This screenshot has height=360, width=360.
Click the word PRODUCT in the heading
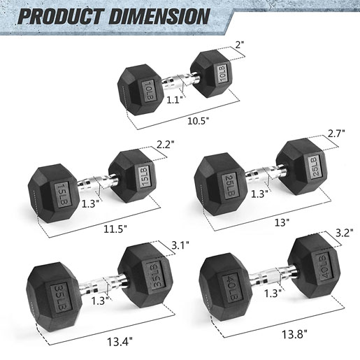[61, 16]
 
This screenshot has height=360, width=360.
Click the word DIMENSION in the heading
[159, 16]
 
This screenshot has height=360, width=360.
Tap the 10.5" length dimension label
[199, 121]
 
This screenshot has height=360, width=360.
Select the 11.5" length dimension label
[115, 229]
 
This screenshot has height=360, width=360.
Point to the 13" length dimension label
[282, 222]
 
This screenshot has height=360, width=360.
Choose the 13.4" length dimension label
[120, 342]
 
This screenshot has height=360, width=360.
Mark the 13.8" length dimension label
[294, 335]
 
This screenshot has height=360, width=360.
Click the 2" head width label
[239, 45]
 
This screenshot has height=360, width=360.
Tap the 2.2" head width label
[165, 145]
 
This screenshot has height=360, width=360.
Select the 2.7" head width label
[336, 134]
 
